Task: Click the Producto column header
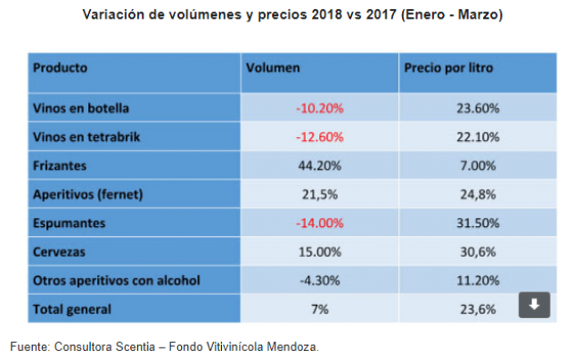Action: click(x=60, y=68)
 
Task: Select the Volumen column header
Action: click(x=273, y=68)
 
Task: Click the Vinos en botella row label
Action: click(x=81, y=108)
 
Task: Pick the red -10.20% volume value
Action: click(x=319, y=108)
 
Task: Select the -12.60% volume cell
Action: click(x=319, y=136)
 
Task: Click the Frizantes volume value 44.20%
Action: click(x=319, y=165)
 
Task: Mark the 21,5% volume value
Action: click(x=319, y=193)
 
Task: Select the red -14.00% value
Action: click(x=319, y=223)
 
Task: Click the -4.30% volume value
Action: click(x=319, y=280)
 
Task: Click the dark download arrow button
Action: click(x=533, y=306)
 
